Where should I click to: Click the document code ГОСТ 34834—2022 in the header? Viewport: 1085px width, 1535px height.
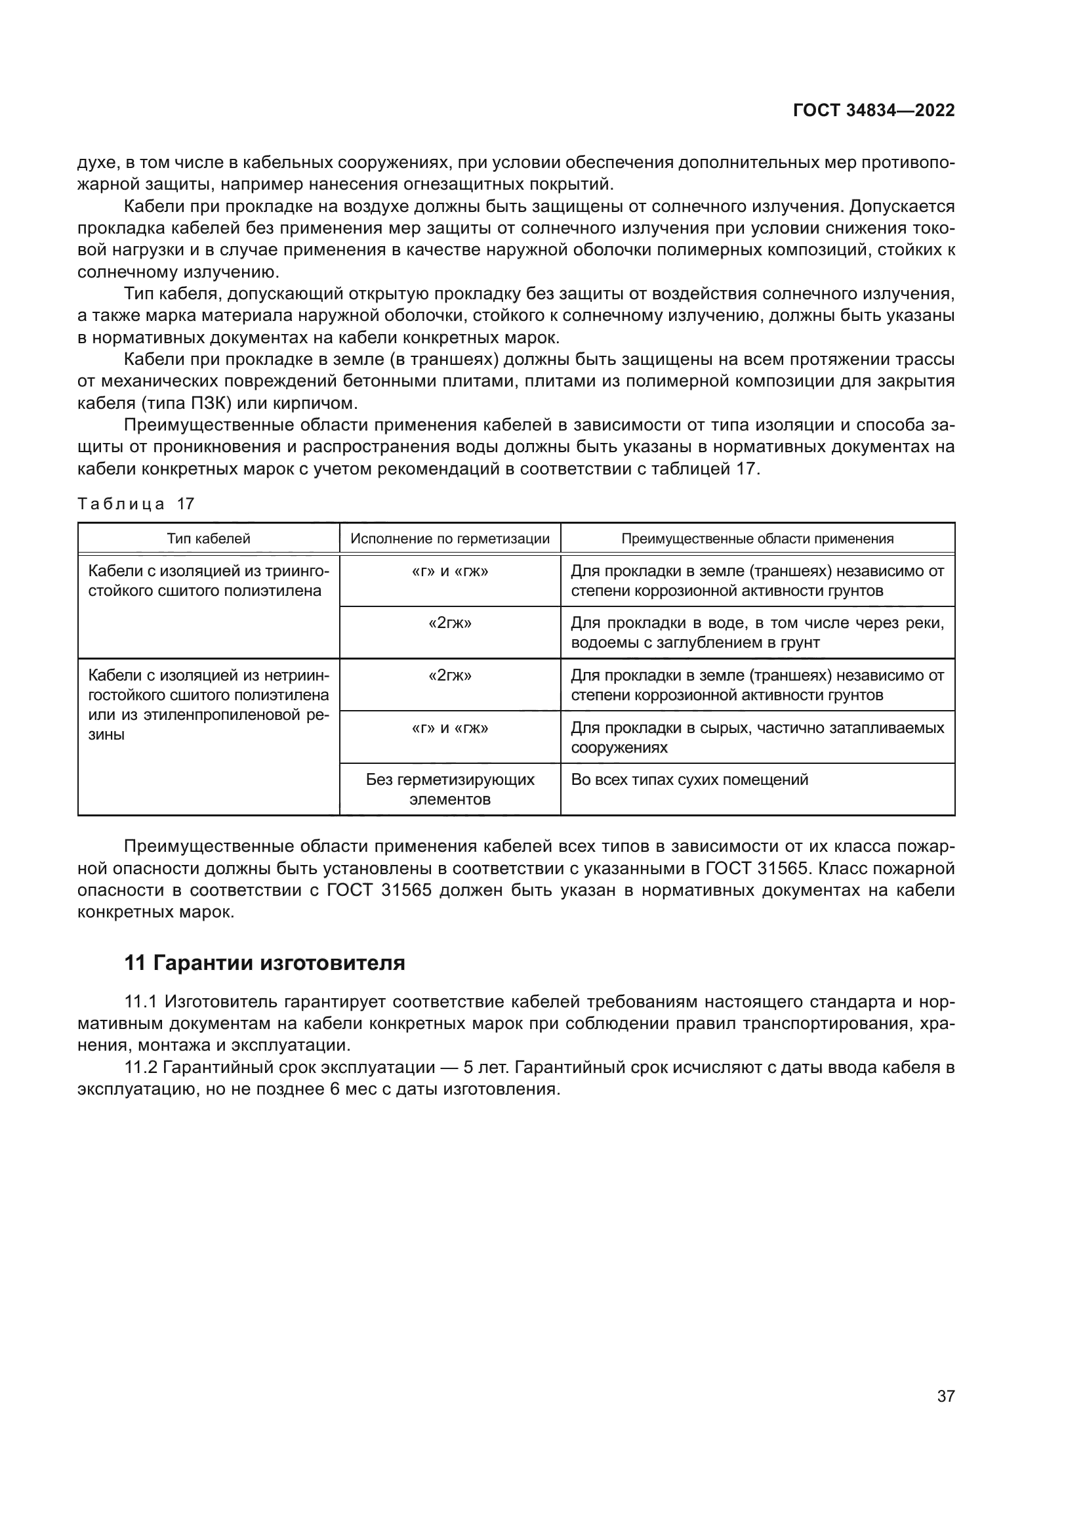tap(873, 110)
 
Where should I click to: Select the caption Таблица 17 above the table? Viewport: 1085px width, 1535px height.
tap(136, 504)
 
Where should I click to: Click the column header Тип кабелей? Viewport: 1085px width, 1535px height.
tap(209, 539)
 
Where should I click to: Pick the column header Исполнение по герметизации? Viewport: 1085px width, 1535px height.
tap(449, 539)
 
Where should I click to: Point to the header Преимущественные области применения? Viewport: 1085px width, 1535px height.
tap(757, 539)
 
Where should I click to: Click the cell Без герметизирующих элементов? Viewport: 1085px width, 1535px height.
tap(449, 789)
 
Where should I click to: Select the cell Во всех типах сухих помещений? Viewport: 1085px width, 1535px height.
tap(689, 780)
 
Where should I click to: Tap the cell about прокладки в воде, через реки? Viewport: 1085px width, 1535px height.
tap(757, 633)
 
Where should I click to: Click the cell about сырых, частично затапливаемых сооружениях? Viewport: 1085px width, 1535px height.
tap(757, 738)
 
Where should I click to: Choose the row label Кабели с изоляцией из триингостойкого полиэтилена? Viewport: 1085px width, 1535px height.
tap(209, 581)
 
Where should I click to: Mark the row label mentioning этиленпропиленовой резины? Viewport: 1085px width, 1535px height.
tap(209, 705)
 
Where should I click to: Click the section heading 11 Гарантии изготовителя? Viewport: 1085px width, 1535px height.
tap(264, 963)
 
